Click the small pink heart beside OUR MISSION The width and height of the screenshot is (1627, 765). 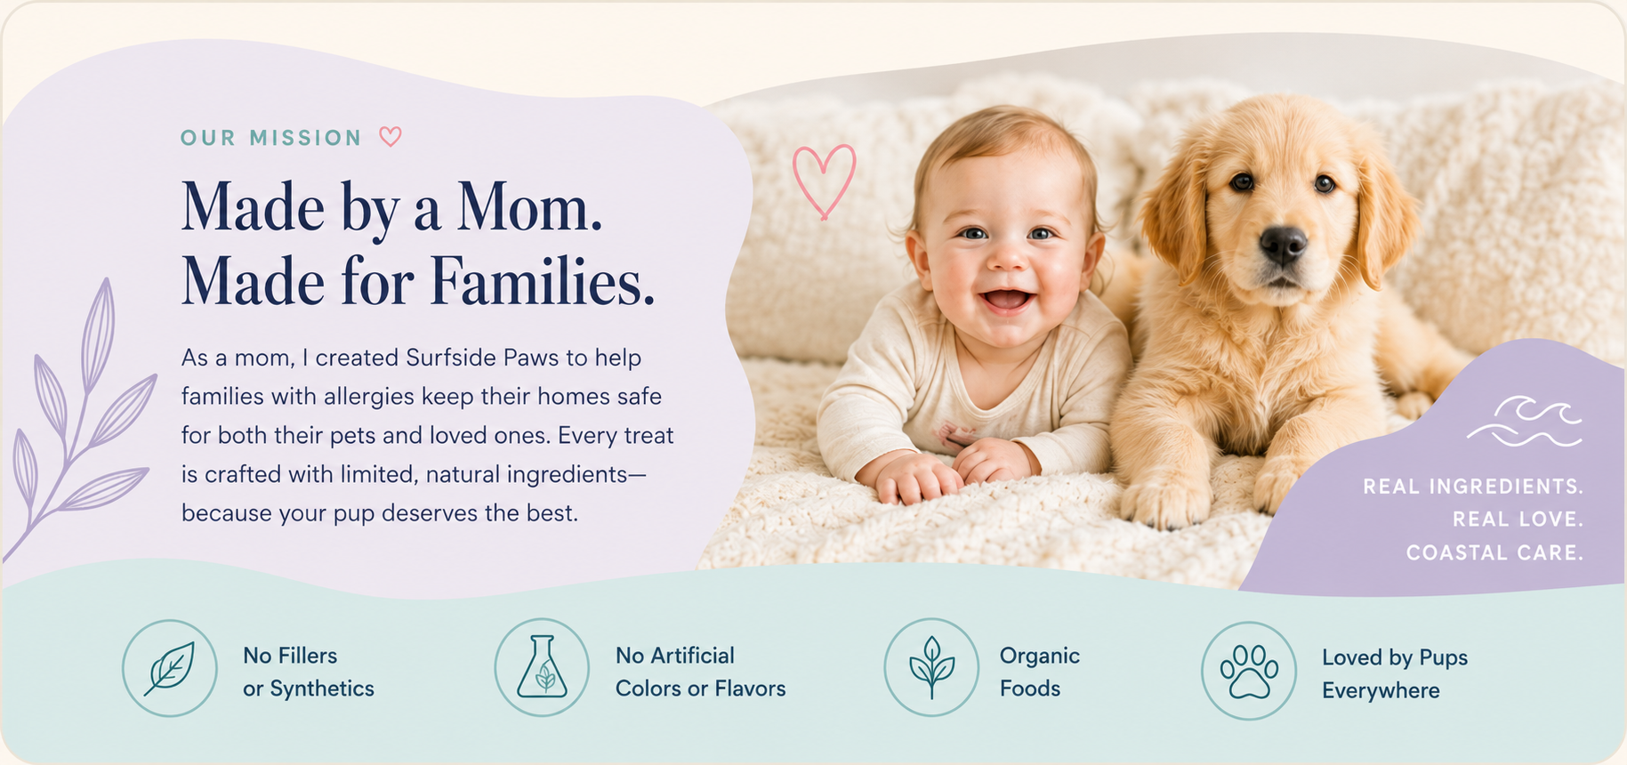pos(391,137)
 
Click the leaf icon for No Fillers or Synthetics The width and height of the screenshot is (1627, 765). pos(170,668)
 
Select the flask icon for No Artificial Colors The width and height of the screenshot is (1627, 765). pos(542,667)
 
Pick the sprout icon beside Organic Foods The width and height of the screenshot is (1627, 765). pos(931,667)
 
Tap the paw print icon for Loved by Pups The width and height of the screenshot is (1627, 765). pos(1249,670)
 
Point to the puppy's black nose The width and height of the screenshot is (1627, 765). pos(1283,245)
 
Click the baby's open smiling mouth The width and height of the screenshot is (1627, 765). pos(1007,300)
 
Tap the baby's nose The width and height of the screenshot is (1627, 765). pos(1008,255)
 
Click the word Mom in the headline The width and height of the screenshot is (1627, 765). pos(529,208)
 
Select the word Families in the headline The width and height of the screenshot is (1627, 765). pos(543,282)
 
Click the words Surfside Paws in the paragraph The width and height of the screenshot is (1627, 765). pos(482,358)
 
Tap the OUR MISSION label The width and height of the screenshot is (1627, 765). pos(271,138)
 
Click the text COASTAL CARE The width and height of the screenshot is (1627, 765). pos(1494,552)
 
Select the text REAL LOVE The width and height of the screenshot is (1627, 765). pos(1518,519)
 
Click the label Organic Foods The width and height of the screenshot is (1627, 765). pos(1039,672)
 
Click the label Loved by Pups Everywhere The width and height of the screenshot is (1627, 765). pos(1394,673)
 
